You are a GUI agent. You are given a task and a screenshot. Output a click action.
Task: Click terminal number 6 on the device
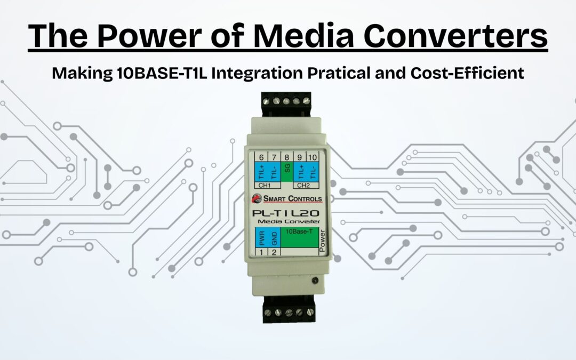[x=261, y=157]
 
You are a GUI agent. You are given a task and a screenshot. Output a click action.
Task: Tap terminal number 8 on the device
[x=287, y=157]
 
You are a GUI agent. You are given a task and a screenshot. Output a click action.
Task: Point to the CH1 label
[x=265, y=186]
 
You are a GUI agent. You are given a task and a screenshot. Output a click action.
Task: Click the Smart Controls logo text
[x=291, y=199]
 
